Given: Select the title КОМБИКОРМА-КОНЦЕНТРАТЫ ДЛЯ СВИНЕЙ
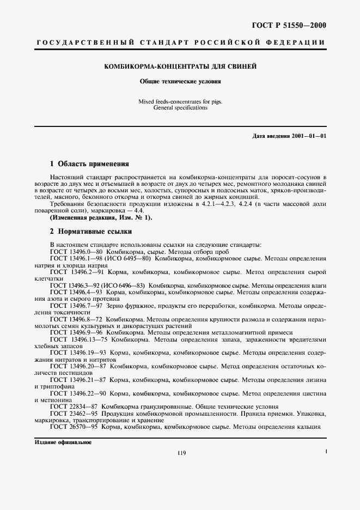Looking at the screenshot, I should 180,67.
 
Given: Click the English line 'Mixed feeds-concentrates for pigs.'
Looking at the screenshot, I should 180,101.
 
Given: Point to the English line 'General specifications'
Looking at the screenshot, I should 180,108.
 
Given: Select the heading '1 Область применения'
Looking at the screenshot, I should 89,163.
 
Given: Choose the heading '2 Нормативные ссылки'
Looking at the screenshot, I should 88,231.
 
